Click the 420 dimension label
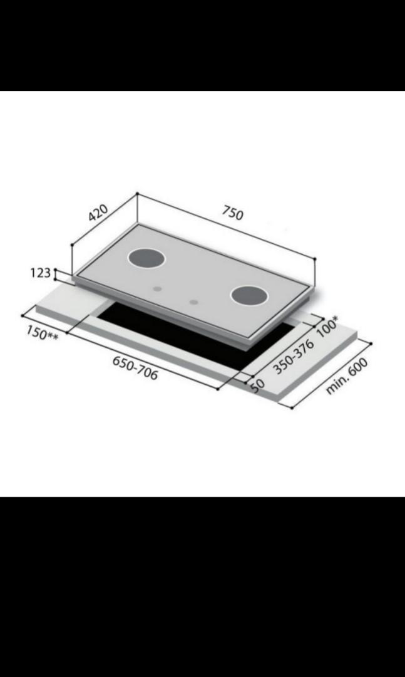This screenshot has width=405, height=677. point(98,213)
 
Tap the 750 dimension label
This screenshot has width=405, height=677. point(233,213)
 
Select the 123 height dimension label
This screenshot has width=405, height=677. point(41,273)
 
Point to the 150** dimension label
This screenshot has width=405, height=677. point(43,333)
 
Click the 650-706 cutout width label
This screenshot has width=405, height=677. point(135,368)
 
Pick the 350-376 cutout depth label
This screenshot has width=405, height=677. point(294,357)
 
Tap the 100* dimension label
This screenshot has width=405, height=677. point(327,327)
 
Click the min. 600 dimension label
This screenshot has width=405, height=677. point(347,376)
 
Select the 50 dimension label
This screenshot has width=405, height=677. point(257,386)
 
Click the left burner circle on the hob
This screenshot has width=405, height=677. point(146,259)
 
